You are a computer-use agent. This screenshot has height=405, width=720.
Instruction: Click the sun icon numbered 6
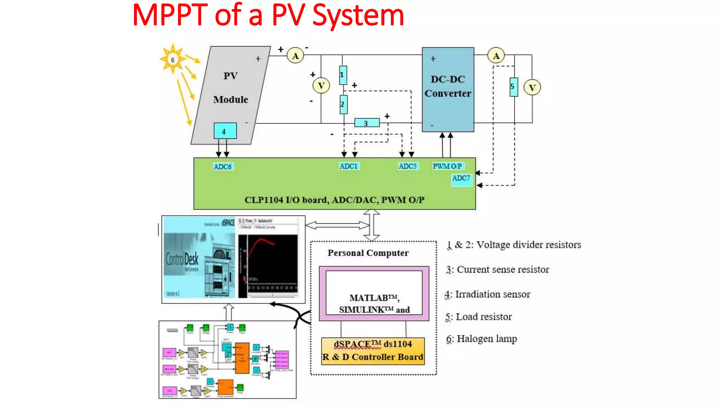(x=173, y=59)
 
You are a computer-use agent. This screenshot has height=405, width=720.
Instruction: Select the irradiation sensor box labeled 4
(x=225, y=131)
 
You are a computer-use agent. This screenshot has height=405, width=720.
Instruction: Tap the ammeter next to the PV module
(x=295, y=56)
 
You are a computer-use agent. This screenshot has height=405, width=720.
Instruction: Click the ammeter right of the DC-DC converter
(x=496, y=56)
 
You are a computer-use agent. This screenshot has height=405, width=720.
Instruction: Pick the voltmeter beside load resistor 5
(x=532, y=88)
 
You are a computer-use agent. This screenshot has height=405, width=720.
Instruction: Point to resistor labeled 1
(x=343, y=75)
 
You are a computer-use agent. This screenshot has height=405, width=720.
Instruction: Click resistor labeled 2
(x=343, y=104)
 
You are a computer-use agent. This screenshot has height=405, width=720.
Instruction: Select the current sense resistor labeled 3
(x=367, y=123)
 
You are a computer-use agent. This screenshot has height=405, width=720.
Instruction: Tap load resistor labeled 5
(x=514, y=87)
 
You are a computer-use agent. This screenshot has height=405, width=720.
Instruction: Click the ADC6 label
(x=223, y=167)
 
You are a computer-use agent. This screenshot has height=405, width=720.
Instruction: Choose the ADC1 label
(x=349, y=166)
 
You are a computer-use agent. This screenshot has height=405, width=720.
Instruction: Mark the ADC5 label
(x=408, y=166)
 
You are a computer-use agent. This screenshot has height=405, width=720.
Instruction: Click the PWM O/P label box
(x=448, y=166)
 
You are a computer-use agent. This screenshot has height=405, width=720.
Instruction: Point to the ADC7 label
(x=461, y=179)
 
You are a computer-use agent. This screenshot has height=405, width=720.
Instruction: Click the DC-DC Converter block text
(x=448, y=86)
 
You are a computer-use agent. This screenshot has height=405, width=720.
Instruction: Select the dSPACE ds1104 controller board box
(x=373, y=351)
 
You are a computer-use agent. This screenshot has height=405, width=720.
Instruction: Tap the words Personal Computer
(x=368, y=253)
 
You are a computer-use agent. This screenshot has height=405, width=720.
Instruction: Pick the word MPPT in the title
(x=170, y=15)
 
